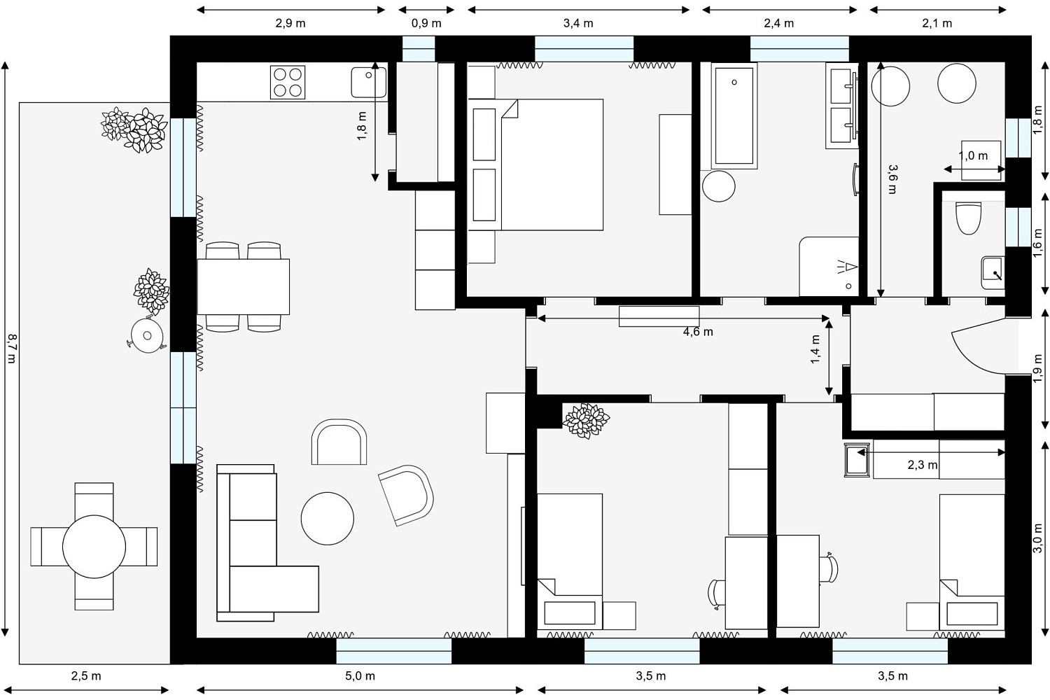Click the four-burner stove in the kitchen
pyautogui.click(x=287, y=82)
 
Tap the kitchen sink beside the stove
pyautogui.click(x=369, y=82)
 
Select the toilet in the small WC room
pyautogui.click(x=968, y=218)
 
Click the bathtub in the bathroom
pyautogui.click(x=734, y=115)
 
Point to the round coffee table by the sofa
pyautogui.click(x=327, y=518)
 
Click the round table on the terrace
pyautogui.click(x=94, y=547)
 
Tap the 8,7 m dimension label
pyautogui.click(x=13, y=349)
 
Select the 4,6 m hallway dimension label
pyautogui.click(x=698, y=332)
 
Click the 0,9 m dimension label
pyautogui.click(x=426, y=23)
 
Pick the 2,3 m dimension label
pyautogui.click(x=923, y=465)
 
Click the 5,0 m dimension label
pyautogui.click(x=360, y=675)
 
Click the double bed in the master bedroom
pyautogui.click(x=552, y=164)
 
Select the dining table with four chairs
pyautogui.click(x=244, y=286)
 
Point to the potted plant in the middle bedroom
pyautogui.click(x=586, y=421)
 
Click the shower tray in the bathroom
pyautogui.click(x=829, y=266)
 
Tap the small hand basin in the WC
pyautogui.click(x=993, y=272)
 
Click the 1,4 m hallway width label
pyautogui.click(x=815, y=349)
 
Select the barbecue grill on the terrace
pyautogui.click(x=147, y=335)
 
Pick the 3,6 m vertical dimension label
pyautogui.click(x=892, y=178)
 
